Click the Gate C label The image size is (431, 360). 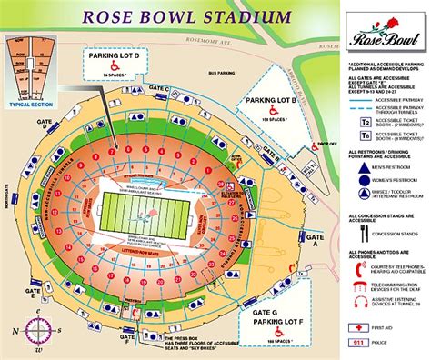pyautogui.click(x=159, y=89)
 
